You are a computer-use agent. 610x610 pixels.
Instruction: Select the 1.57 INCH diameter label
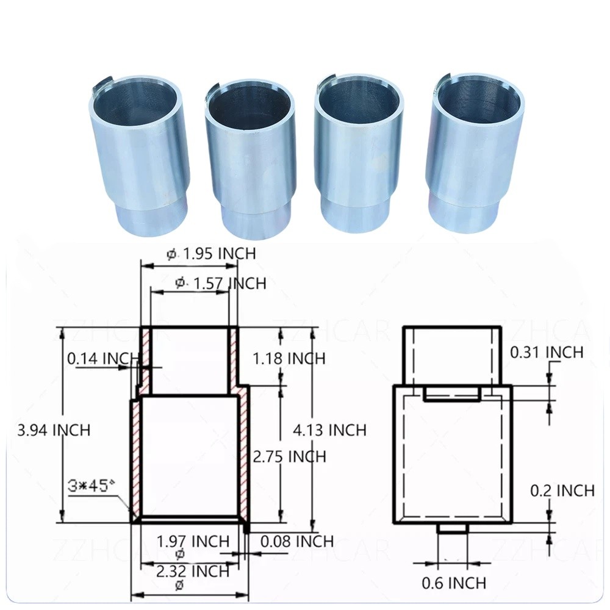click(220, 283)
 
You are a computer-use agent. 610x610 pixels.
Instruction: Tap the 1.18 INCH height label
click(289, 358)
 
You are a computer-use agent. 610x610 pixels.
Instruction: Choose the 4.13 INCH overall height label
click(329, 429)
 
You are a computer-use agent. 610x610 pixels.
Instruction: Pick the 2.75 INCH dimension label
click(289, 456)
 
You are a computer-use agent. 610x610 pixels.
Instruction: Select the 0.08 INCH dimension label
click(296, 541)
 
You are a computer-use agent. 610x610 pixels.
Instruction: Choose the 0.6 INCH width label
click(454, 583)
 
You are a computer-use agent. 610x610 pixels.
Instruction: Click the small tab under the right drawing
click(452, 528)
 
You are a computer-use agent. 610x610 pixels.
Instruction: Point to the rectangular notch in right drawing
click(451, 394)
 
